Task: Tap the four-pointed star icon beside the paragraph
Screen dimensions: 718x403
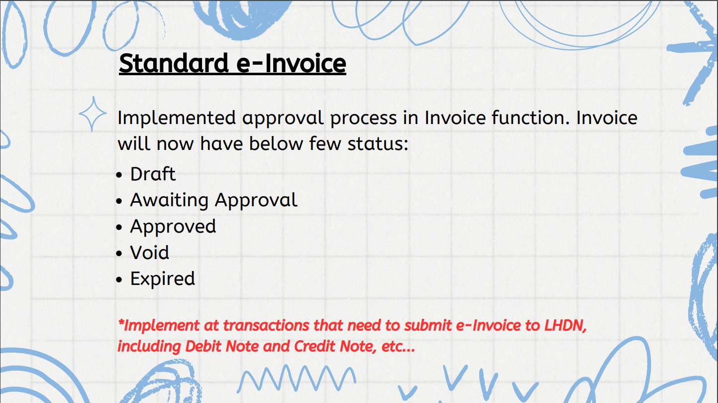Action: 93,114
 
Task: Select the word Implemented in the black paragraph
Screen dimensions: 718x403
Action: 177,118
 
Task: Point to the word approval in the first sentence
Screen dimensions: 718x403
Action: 283,119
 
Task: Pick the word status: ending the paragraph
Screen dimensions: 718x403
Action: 378,143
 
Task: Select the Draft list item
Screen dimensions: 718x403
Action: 153,174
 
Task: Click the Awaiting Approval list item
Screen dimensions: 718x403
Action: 214,201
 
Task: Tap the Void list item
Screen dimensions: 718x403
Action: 149,253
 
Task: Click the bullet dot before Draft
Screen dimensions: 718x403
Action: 119,175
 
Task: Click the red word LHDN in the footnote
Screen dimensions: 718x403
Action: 566,325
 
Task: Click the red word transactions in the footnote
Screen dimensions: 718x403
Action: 266,325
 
